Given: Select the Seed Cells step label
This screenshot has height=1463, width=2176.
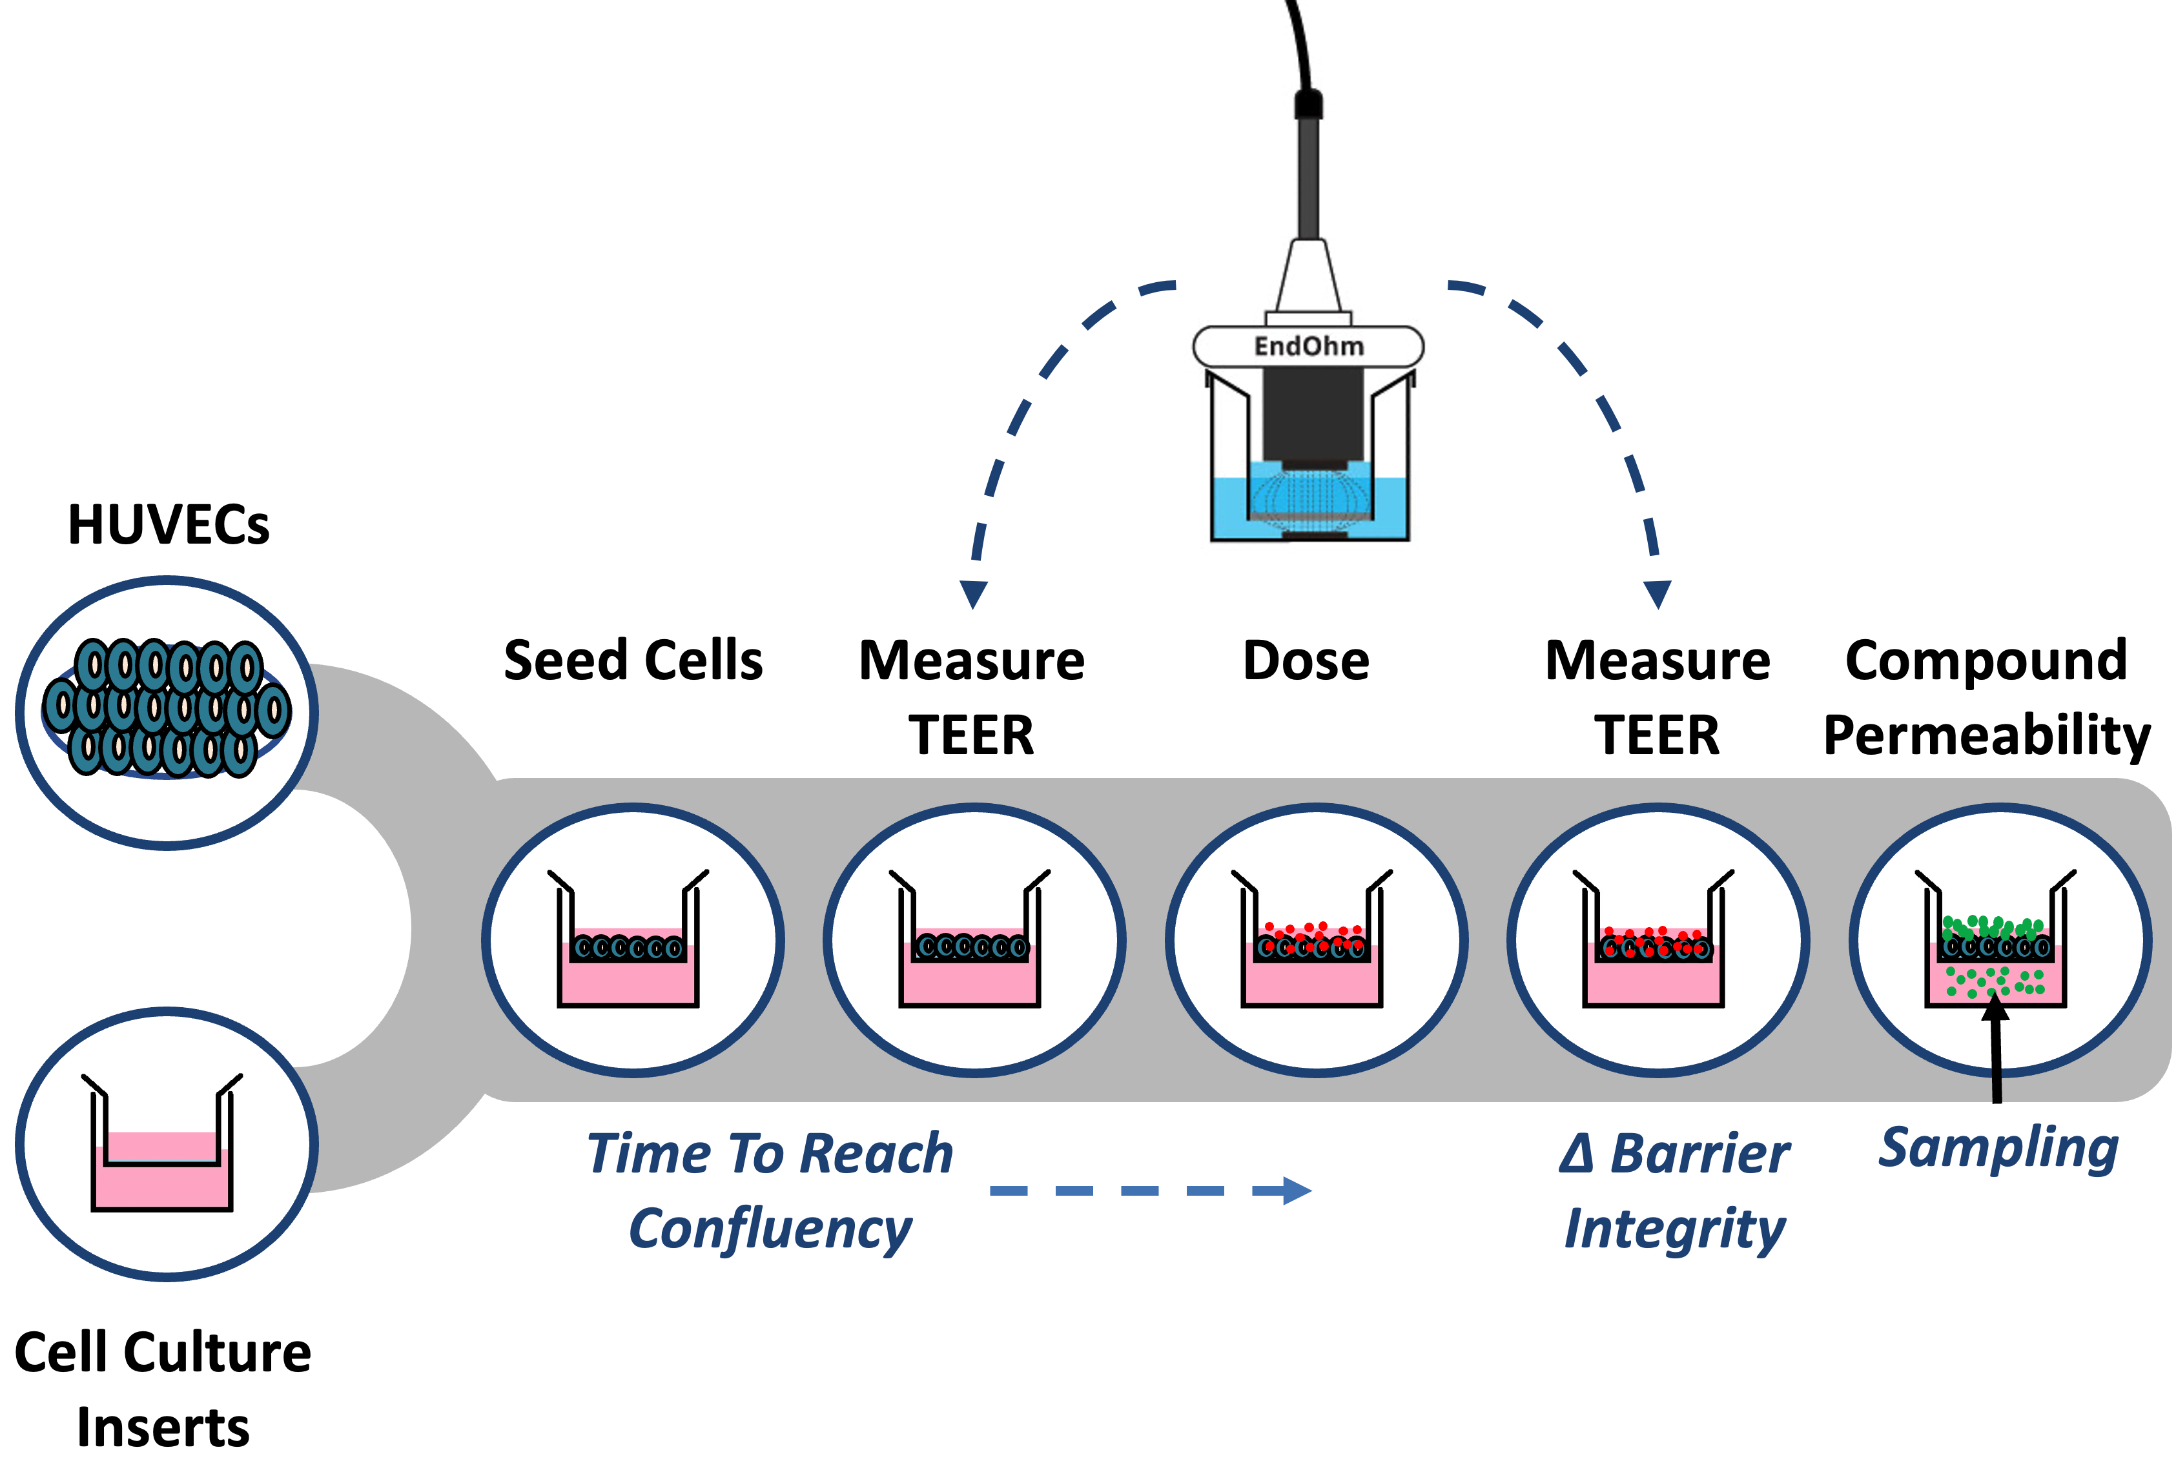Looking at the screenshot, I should pyautogui.click(x=633, y=660).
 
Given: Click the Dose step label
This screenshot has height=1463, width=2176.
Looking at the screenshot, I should pyautogui.click(x=1306, y=660).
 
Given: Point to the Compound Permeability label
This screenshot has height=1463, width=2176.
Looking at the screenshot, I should pyautogui.click(x=1987, y=697).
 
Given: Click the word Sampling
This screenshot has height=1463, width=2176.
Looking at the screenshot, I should pyautogui.click(x=1998, y=1148).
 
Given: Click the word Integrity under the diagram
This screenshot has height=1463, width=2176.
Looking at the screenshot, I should pyautogui.click(x=1675, y=1229).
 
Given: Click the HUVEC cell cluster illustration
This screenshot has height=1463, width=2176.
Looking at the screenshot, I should pyautogui.click(x=167, y=709).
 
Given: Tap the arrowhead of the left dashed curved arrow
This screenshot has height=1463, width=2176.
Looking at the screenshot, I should pyautogui.click(x=973, y=593).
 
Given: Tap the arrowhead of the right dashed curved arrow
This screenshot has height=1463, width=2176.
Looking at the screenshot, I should pyautogui.click(x=1658, y=593).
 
